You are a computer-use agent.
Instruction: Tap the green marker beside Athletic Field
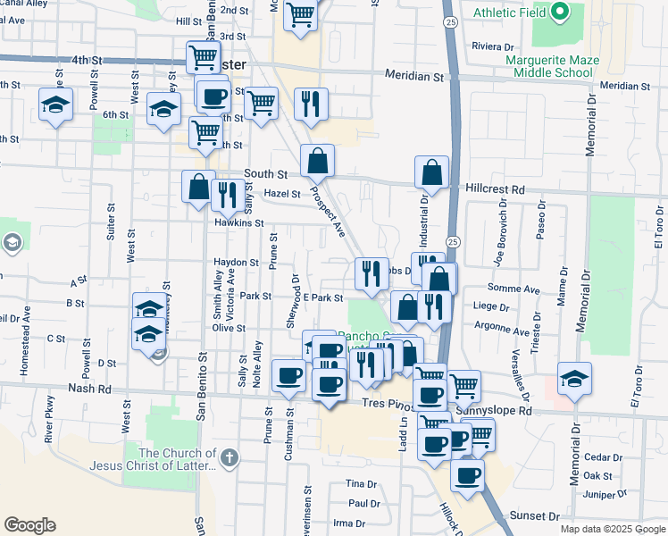point(560,13)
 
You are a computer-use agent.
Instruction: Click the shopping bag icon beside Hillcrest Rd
point(431,173)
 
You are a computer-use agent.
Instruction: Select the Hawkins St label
point(239,222)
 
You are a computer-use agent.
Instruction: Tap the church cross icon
point(229,458)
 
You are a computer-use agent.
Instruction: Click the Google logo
point(29,525)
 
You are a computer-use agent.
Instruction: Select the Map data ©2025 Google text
point(613,529)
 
